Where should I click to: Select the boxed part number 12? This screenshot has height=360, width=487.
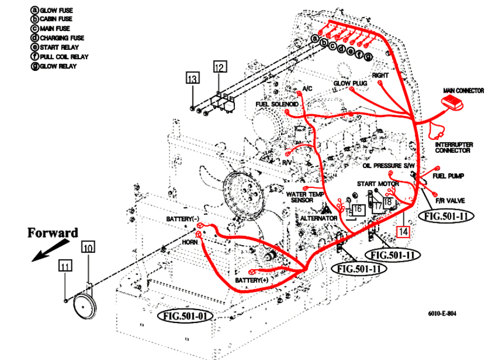coord(220,67)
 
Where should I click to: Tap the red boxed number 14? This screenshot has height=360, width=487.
coord(403,231)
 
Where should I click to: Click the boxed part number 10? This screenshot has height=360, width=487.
coord(88,247)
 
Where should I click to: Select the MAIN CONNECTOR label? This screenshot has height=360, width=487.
coord(463,91)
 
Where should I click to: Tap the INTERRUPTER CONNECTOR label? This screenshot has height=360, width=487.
coord(453,148)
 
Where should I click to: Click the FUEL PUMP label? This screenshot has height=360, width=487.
coord(448,175)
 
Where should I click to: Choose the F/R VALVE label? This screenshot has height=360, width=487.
coord(449,201)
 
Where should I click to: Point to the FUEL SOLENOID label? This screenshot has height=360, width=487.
coord(277,103)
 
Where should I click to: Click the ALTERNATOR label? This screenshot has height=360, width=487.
coord(319,218)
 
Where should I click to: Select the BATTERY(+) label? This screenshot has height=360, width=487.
coord(251,281)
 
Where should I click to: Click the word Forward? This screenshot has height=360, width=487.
coord(53,233)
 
